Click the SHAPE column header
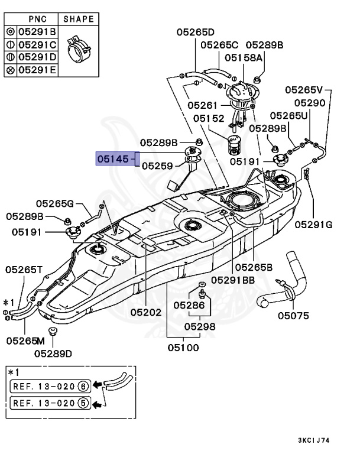pyautogui.click(x=79, y=19)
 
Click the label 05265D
pyautogui.click(x=195, y=32)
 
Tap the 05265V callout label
pyautogui.click(x=304, y=90)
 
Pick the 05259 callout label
pyautogui.click(x=157, y=166)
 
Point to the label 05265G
pyautogui.click(x=54, y=204)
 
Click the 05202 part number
pyautogui.click(x=146, y=312)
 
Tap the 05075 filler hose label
pyautogui.click(x=293, y=316)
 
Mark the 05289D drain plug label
pyautogui.click(x=53, y=354)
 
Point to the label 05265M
pyautogui.click(x=25, y=340)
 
